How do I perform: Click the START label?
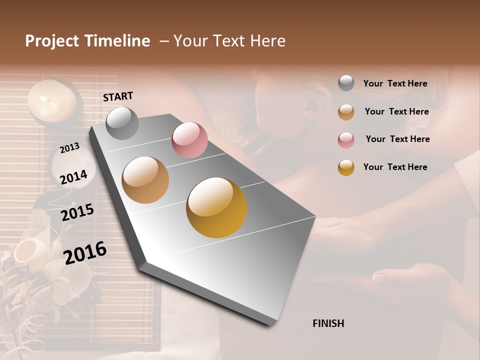coord(118,96)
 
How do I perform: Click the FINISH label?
coord(328,323)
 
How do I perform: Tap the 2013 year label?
coord(69,148)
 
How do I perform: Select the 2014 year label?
coord(74,177)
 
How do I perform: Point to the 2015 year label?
coord(77,212)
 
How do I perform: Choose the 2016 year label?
coord(85,252)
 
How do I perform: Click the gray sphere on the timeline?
coord(122,123)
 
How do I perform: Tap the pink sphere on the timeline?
coord(189,140)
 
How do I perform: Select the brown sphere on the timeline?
coord(145,180)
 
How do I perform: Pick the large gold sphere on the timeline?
coord(216,207)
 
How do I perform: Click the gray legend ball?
coord(346,83)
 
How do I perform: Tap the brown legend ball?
coord(346,111)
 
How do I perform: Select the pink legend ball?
coord(346,139)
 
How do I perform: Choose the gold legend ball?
coord(346,167)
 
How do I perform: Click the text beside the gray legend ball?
coord(395,83)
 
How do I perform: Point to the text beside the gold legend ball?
coord(395,167)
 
